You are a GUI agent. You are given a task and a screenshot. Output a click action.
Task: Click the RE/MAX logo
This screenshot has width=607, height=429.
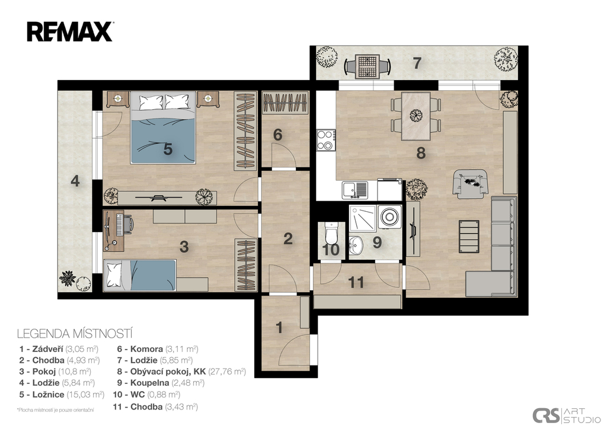(70, 32)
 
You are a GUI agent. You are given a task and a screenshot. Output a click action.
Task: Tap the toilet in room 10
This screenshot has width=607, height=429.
(331, 232)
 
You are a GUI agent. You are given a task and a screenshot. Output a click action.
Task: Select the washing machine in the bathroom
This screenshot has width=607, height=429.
(389, 216)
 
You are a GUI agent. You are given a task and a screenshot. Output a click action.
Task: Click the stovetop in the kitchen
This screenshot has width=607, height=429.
(326, 140)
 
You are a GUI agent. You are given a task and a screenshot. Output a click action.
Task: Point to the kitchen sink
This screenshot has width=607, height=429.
(354, 190)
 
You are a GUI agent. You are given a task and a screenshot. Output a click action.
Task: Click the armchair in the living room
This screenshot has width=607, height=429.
(471, 183)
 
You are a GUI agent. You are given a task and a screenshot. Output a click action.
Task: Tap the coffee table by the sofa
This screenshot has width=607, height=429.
(469, 236)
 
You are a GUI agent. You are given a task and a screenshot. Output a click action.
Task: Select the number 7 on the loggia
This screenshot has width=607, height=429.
(417, 63)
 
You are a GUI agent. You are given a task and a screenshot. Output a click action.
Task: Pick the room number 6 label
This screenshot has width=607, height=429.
(277, 135)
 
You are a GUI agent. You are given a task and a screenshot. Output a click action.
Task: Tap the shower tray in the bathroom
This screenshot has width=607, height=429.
(362, 218)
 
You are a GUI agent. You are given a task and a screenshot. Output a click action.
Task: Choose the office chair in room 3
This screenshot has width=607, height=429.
(129, 224)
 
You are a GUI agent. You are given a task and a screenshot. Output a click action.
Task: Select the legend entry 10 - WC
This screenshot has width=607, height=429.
(147, 395)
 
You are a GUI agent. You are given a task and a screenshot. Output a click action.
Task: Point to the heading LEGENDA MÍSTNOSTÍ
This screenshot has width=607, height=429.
(75, 333)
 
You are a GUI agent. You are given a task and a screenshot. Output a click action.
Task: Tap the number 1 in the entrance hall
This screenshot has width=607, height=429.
(279, 328)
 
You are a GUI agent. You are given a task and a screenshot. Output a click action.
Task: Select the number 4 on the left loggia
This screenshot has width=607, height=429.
(75, 181)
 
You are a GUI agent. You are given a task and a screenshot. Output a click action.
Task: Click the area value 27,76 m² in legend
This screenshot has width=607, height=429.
(227, 371)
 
